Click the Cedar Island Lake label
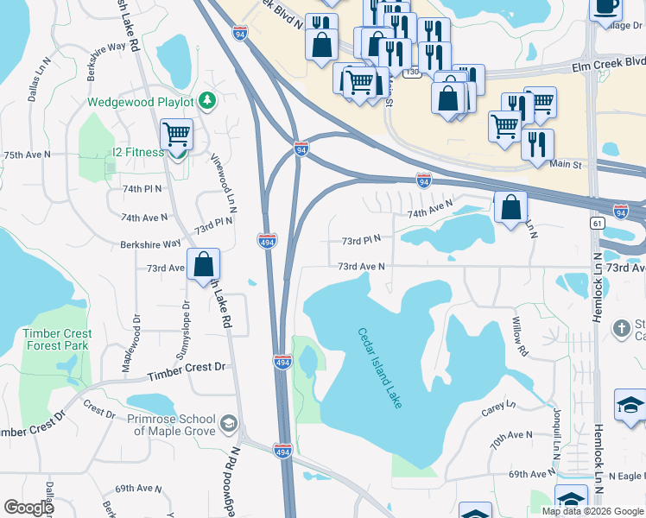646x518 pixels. pos(381,368)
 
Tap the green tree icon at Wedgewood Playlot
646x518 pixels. pos(206,102)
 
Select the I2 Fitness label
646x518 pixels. pos(137,153)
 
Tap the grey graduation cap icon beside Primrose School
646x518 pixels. pos(229,422)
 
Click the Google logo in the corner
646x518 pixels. pos(28,508)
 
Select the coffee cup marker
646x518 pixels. pos(605,7)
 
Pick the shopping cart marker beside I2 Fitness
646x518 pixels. pos(176,135)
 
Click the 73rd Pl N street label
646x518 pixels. pos(361,241)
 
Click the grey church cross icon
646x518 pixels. pos(621,328)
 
